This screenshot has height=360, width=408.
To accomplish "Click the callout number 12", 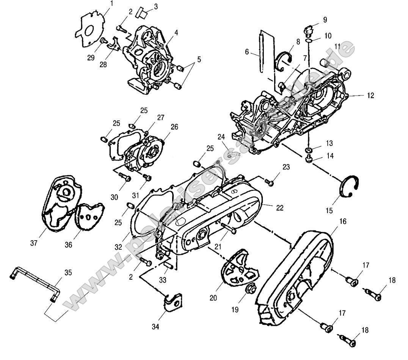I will point(370,96).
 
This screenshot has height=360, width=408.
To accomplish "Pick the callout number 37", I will point(33,243).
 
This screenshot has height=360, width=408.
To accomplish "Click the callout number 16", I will point(342,221).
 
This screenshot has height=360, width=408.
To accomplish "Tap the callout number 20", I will point(213,298).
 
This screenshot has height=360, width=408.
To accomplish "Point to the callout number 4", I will point(176,33).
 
